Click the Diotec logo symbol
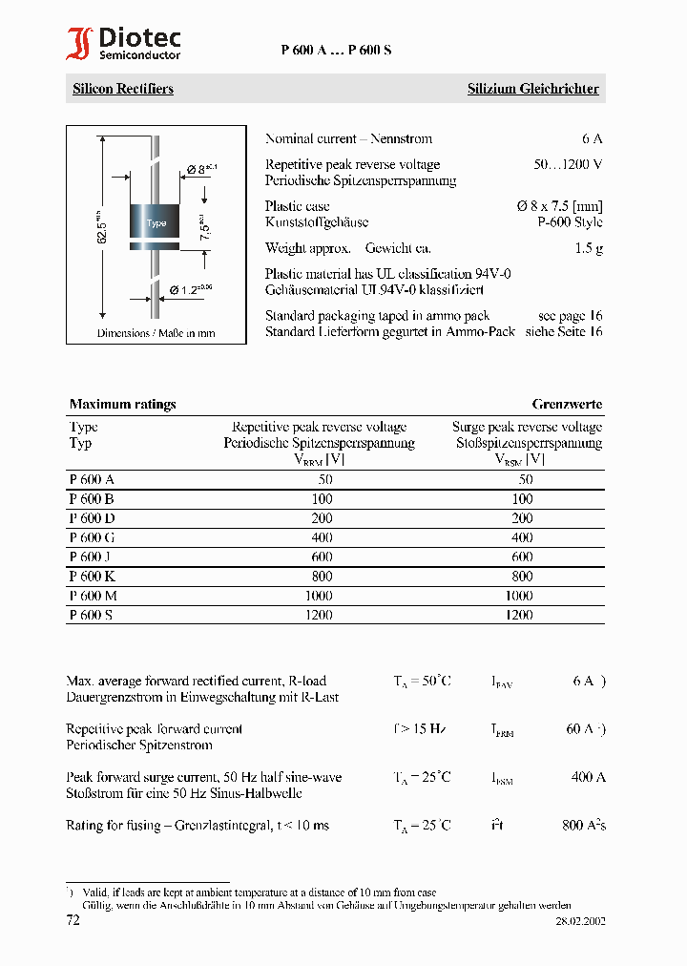[x=79, y=44]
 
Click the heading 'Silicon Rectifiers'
[x=123, y=89]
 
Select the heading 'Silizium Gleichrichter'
[x=532, y=89]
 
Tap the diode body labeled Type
[x=156, y=223]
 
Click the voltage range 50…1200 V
[x=568, y=164]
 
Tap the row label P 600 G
[x=92, y=537]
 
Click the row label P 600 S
[x=91, y=615]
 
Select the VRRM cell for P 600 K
[x=322, y=577]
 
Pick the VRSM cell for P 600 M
[x=519, y=596]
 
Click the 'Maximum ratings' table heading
[x=122, y=404]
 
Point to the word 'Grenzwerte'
[x=567, y=404]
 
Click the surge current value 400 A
[x=588, y=777]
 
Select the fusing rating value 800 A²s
[x=584, y=825]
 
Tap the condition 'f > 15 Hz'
[x=420, y=728]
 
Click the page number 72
[x=73, y=920]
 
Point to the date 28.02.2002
[x=580, y=921]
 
